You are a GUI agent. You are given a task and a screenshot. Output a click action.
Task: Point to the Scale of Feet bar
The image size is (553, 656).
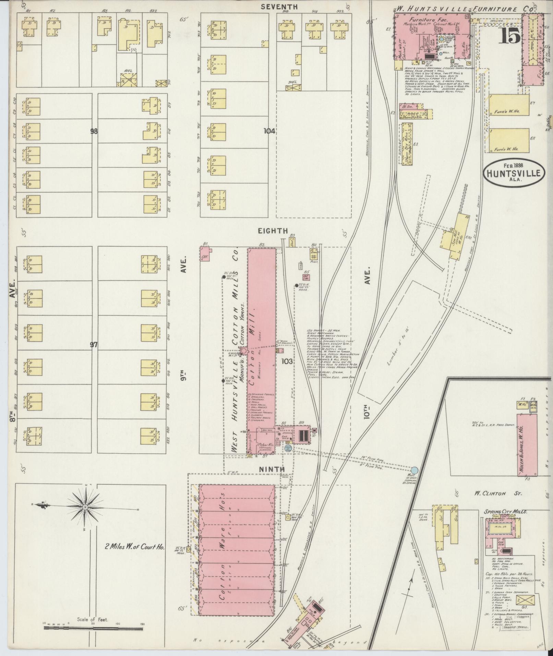pos(93,629)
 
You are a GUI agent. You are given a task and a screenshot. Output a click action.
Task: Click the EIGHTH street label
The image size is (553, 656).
pos(273,231)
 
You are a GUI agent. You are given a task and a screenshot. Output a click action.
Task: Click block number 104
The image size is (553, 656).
pos(269,131)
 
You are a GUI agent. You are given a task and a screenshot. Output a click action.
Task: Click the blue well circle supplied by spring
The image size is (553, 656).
pos(415,470)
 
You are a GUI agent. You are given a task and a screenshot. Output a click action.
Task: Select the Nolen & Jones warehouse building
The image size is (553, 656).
pos(527,445)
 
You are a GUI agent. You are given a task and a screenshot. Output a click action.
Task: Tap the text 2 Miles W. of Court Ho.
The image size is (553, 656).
pos(135,547)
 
